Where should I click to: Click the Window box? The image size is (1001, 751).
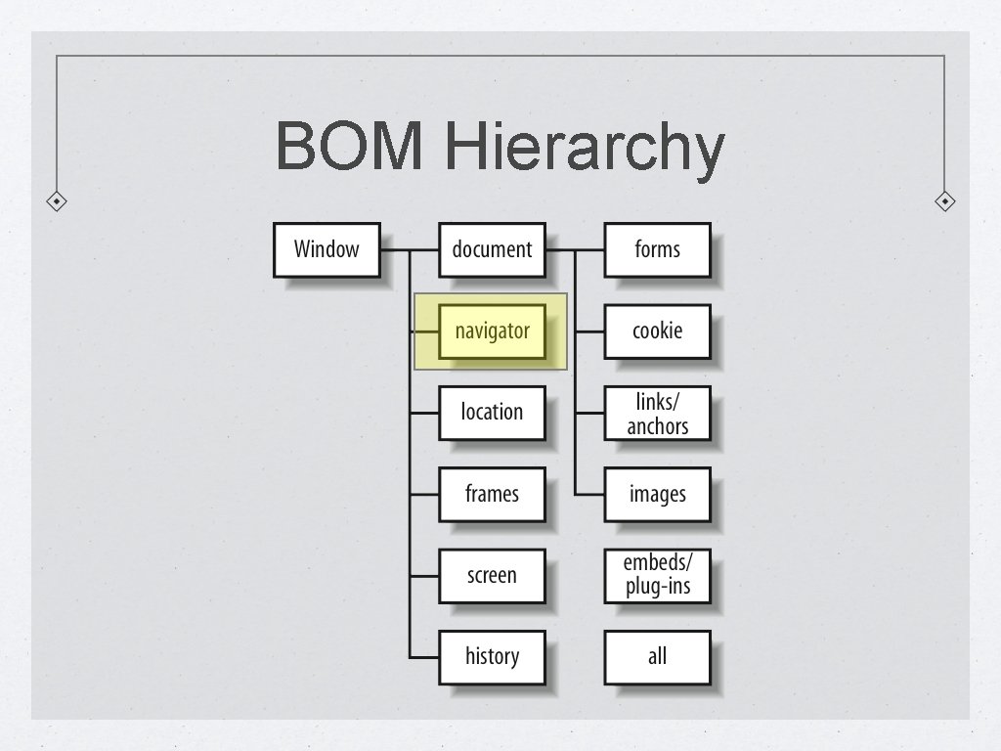(x=326, y=249)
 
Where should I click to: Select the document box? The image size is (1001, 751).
(x=492, y=249)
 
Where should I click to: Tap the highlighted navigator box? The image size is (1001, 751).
(x=492, y=331)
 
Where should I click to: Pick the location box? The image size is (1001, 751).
(x=492, y=413)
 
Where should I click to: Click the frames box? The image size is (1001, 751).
(x=492, y=494)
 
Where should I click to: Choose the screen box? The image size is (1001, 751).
(x=492, y=576)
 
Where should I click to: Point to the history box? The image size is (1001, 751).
(x=492, y=656)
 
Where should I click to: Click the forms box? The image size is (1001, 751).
(x=657, y=249)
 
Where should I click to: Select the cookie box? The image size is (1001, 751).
(x=657, y=331)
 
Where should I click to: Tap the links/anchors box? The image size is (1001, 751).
(x=657, y=413)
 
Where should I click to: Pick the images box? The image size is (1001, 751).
(x=657, y=494)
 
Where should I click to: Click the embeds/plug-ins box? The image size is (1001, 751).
(x=657, y=576)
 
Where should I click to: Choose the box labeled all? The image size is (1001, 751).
(x=657, y=656)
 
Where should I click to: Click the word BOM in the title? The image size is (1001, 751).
(x=350, y=147)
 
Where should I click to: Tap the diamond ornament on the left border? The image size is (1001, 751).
(x=58, y=201)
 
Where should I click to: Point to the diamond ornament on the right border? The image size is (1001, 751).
(x=944, y=201)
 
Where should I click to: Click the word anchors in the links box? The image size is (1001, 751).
(x=657, y=426)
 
